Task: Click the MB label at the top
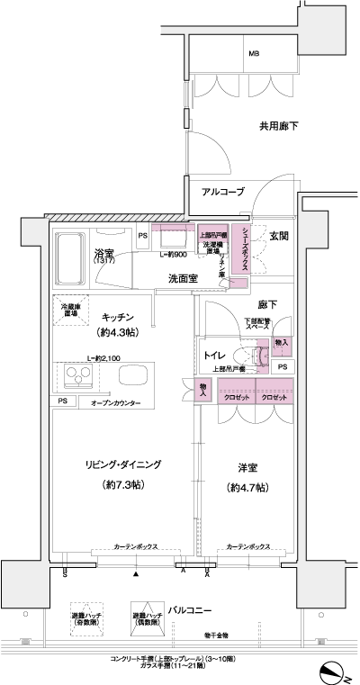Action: pyautogui.click(x=255, y=53)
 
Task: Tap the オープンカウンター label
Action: pyautogui.click(x=115, y=404)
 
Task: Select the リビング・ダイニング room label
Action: pyautogui.click(x=122, y=464)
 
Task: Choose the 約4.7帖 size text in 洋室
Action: pyautogui.click(x=247, y=489)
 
